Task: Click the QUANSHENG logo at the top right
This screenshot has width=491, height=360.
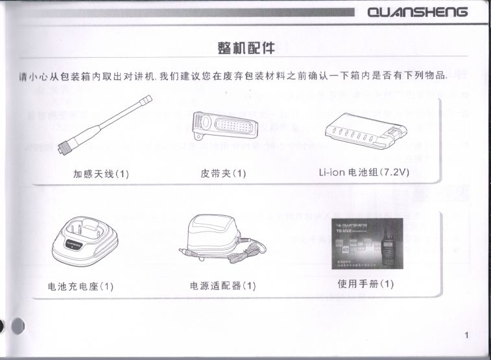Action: click(x=417, y=12)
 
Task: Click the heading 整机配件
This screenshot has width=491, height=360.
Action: click(x=246, y=48)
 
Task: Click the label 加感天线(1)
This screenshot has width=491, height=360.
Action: click(x=101, y=174)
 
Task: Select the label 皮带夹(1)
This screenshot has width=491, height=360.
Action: click(x=224, y=174)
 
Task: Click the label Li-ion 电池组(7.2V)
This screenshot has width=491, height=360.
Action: click(x=365, y=173)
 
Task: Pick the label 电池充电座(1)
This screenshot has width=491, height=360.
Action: click(x=81, y=286)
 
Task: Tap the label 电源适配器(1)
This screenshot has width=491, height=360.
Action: click(x=222, y=285)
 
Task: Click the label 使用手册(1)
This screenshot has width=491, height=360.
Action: click(x=366, y=284)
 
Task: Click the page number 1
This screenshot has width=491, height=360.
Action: click(x=467, y=335)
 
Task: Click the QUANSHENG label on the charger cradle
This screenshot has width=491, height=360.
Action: click(x=75, y=246)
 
